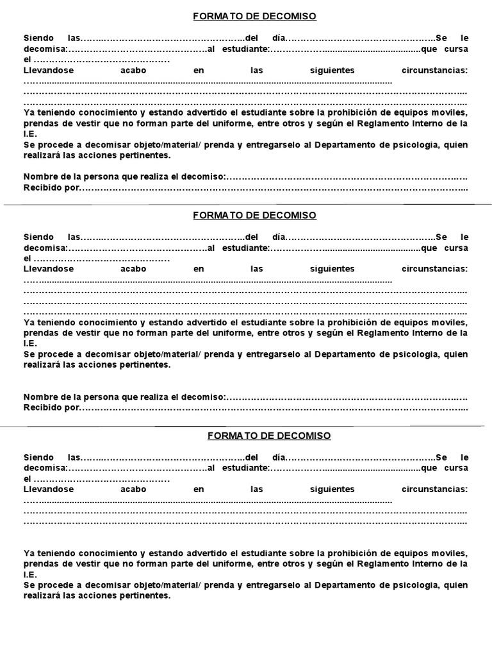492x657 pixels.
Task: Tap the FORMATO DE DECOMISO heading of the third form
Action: pos(269,436)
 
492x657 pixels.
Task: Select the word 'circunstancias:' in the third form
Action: pos(434,489)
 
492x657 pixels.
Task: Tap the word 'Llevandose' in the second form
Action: pos(49,269)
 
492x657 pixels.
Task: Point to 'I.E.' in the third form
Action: pos(31,575)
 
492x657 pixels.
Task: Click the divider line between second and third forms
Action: pos(246,425)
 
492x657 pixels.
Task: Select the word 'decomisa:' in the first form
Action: pos(45,49)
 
